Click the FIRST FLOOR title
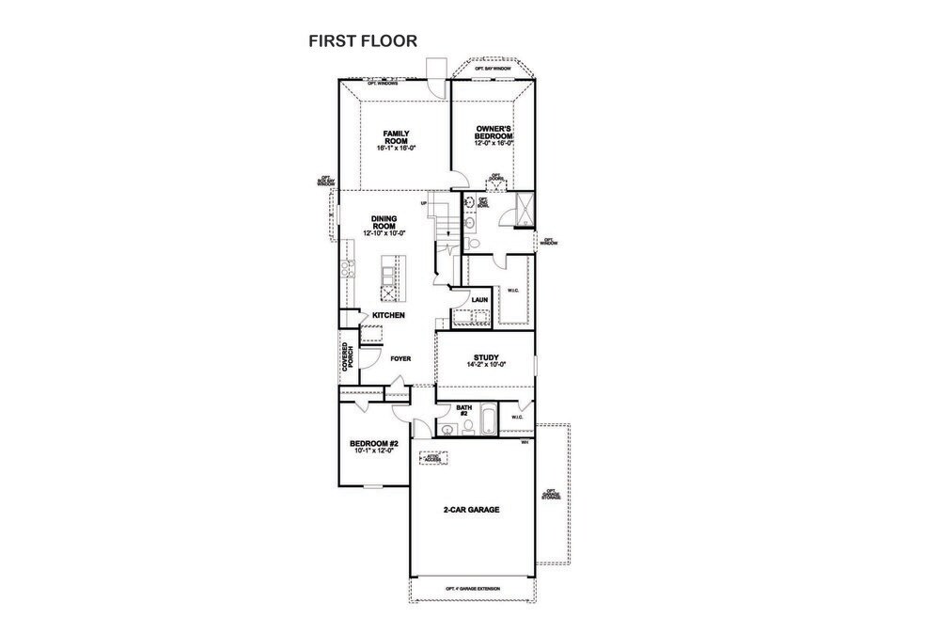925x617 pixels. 363,41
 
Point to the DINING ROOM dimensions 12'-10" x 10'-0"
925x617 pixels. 384,232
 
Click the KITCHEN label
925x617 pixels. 388,315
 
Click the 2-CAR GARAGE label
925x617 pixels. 471,510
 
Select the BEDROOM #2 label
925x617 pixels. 374,443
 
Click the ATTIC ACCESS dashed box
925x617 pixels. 432,458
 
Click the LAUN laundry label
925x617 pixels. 479,300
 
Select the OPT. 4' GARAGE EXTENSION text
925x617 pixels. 473,589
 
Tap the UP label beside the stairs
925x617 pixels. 424,203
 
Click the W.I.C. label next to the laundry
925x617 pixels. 512,291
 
